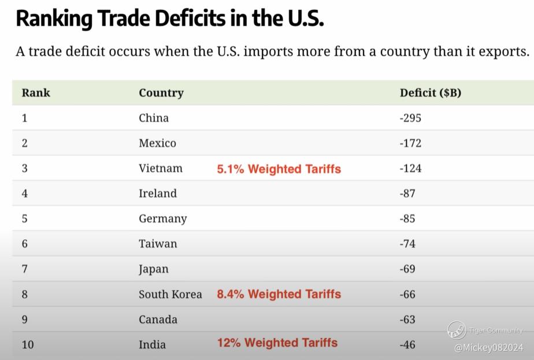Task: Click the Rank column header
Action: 36,92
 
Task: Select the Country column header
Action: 161,92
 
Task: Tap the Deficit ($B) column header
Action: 430,92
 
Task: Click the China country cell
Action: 154,118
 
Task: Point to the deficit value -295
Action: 410,118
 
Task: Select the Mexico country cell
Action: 157,143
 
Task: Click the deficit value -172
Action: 410,143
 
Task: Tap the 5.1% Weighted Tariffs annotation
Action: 279,169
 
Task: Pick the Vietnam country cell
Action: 160,168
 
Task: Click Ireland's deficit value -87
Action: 407,193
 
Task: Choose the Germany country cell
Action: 162,218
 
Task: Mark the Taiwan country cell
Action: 158,243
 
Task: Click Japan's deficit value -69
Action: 407,269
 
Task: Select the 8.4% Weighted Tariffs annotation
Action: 279,294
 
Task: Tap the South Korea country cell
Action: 170,294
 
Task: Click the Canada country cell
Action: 158,319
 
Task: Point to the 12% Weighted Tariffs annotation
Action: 277,343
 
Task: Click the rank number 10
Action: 28,344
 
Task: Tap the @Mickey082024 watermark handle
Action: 488,347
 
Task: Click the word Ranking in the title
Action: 50,18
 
